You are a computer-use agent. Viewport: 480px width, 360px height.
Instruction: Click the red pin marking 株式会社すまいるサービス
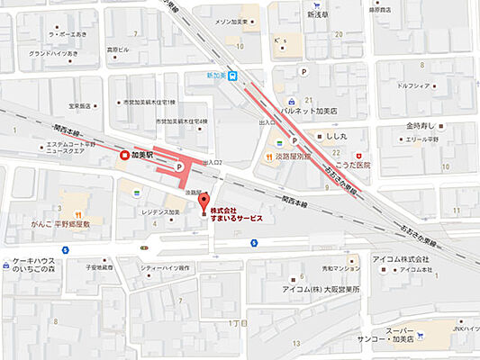(x=203, y=202)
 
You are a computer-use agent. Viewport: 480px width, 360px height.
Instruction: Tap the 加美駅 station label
(x=142, y=155)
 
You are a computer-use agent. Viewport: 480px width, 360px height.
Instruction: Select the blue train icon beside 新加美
(x=233, y=76)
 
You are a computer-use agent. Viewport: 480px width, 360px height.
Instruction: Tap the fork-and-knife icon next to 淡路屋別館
(x=267, y=155)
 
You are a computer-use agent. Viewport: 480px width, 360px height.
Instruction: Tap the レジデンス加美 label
(x=161, y=212)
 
